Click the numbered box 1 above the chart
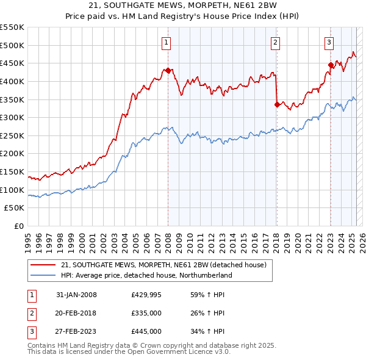coord(167,42)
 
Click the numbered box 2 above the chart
coord(276,42)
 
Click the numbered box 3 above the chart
coord(329,42)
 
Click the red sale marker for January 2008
coord(168,70)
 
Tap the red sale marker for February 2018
coord(277,104)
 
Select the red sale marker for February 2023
coord(331,65)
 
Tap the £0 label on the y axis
coord(18,226)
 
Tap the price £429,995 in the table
coord(146,295)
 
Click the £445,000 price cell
coord(146,332)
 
